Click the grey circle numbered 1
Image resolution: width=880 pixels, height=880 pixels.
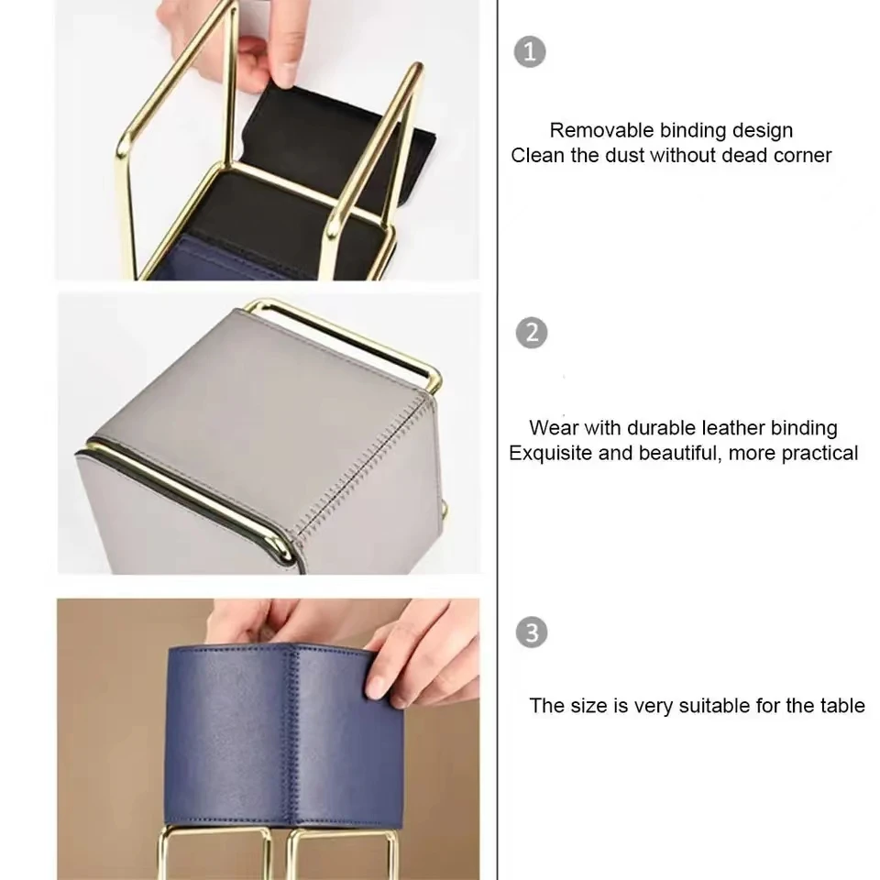click(x=530, y=51)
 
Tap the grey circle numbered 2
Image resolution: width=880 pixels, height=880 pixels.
click(x=531, y=333)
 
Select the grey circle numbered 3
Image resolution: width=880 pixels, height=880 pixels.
click(x=531, y=632)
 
